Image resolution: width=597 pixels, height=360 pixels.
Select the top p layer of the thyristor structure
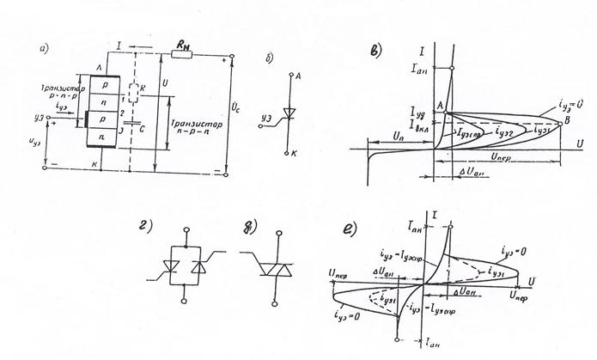[101, 87]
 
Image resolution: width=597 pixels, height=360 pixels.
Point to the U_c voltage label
[238, 110]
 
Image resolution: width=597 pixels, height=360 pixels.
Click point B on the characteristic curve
[563, 121]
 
